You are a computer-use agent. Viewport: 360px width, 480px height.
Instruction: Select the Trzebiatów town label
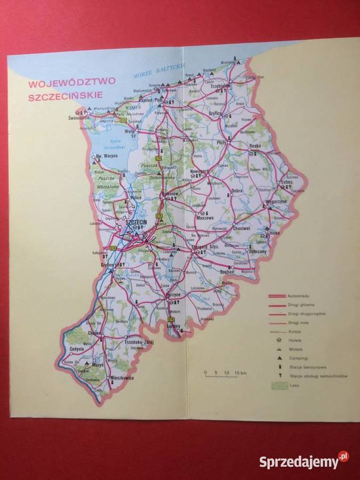[x=220, y=85]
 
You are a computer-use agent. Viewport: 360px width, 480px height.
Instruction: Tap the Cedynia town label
[x=78, y=349]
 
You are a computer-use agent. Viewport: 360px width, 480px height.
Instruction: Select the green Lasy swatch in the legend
[x=278, y=385]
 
